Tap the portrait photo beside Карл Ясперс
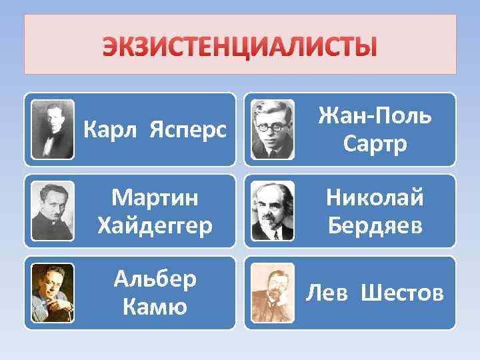pos(53,129)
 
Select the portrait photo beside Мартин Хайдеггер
pos(53,211)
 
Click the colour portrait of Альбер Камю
pos(53,293)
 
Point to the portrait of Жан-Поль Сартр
pos(273,129)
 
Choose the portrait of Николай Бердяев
pos(273,211)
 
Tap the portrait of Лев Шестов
pos(273,293)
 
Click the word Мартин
pos(155,198)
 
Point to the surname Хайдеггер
pos(155,225)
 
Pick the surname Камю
pos(155,307)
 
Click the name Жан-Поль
pos(374,117)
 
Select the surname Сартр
pos(374,145)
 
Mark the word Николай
pos(374,198)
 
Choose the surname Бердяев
pos(374,225)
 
